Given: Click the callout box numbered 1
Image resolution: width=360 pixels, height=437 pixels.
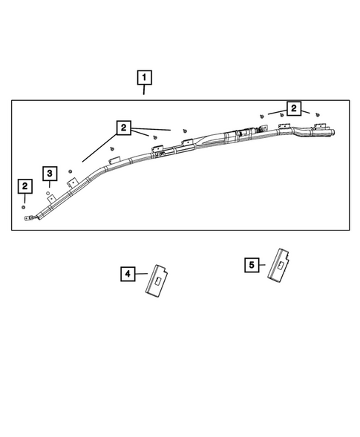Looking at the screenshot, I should [143, 76].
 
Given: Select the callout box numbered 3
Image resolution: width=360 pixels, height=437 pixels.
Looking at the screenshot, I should [50, 174].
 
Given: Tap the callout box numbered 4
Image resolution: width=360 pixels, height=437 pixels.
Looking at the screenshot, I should [128, 275].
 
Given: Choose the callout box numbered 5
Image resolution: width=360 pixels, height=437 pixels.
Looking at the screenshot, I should [252, 263].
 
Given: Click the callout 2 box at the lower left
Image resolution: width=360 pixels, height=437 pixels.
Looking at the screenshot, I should [25, 185].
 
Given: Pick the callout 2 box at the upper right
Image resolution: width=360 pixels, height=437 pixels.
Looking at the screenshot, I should [294, 109].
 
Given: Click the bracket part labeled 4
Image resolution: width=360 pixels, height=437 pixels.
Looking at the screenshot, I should [158, 281].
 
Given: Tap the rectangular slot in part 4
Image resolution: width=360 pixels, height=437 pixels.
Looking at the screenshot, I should [158, 281].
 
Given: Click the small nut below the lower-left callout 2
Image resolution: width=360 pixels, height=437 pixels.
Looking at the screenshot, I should [24, 208].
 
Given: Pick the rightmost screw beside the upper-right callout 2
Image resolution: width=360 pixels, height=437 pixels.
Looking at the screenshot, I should [318, 116].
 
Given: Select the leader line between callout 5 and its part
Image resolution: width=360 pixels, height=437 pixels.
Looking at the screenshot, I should [265, 263].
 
